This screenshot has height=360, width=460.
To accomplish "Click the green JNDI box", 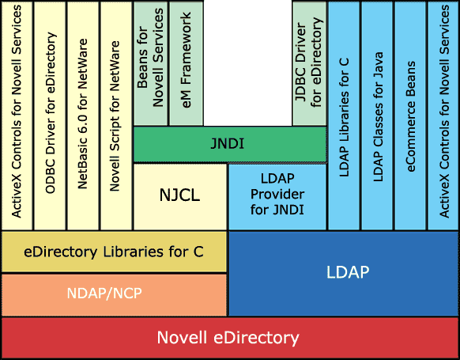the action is click(230, 144).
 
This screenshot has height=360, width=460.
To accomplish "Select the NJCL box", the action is click(180, 196).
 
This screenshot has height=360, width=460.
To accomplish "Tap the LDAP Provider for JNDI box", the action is click(277, 196).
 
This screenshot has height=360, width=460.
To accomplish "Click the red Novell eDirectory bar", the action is click(230, 337).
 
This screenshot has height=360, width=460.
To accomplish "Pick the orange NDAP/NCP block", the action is click(114, 295).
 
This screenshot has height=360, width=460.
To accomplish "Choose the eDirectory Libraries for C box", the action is click(114, 252).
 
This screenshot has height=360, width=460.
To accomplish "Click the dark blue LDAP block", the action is click(344, 274).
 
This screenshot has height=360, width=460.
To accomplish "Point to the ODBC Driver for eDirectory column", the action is click(50, 116).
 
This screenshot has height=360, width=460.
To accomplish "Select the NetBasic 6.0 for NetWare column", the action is click(83, 116).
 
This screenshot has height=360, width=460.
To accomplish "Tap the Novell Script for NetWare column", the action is click(116, 116).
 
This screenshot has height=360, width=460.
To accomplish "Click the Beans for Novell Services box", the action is click(150, 63).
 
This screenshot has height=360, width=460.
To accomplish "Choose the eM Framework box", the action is click(187, 63).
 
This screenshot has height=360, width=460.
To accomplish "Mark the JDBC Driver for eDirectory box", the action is click(310, 63).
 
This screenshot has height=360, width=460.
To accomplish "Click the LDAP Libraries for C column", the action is click(344, 116).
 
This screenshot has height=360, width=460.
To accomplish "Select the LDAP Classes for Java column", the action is click(377, 116).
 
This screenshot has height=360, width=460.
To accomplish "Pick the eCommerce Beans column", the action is click(410, 116).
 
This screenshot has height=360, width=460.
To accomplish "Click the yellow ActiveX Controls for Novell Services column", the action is click(17, 116).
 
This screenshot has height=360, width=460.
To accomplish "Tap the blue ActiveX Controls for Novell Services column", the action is click(443, 116).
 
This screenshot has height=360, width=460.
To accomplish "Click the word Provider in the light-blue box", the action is click(277, 195).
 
